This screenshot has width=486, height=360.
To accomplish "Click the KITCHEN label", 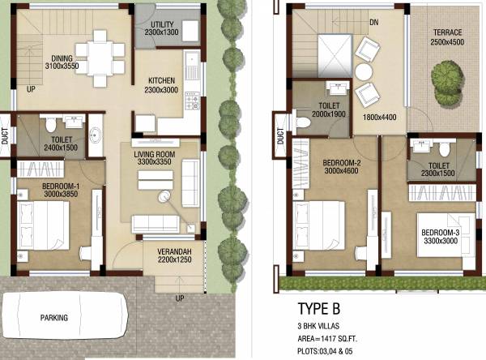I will pyautogui.click(x=164, y=79).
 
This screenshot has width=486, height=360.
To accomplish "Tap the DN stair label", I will pyautogui.click(x=373, y=24).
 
